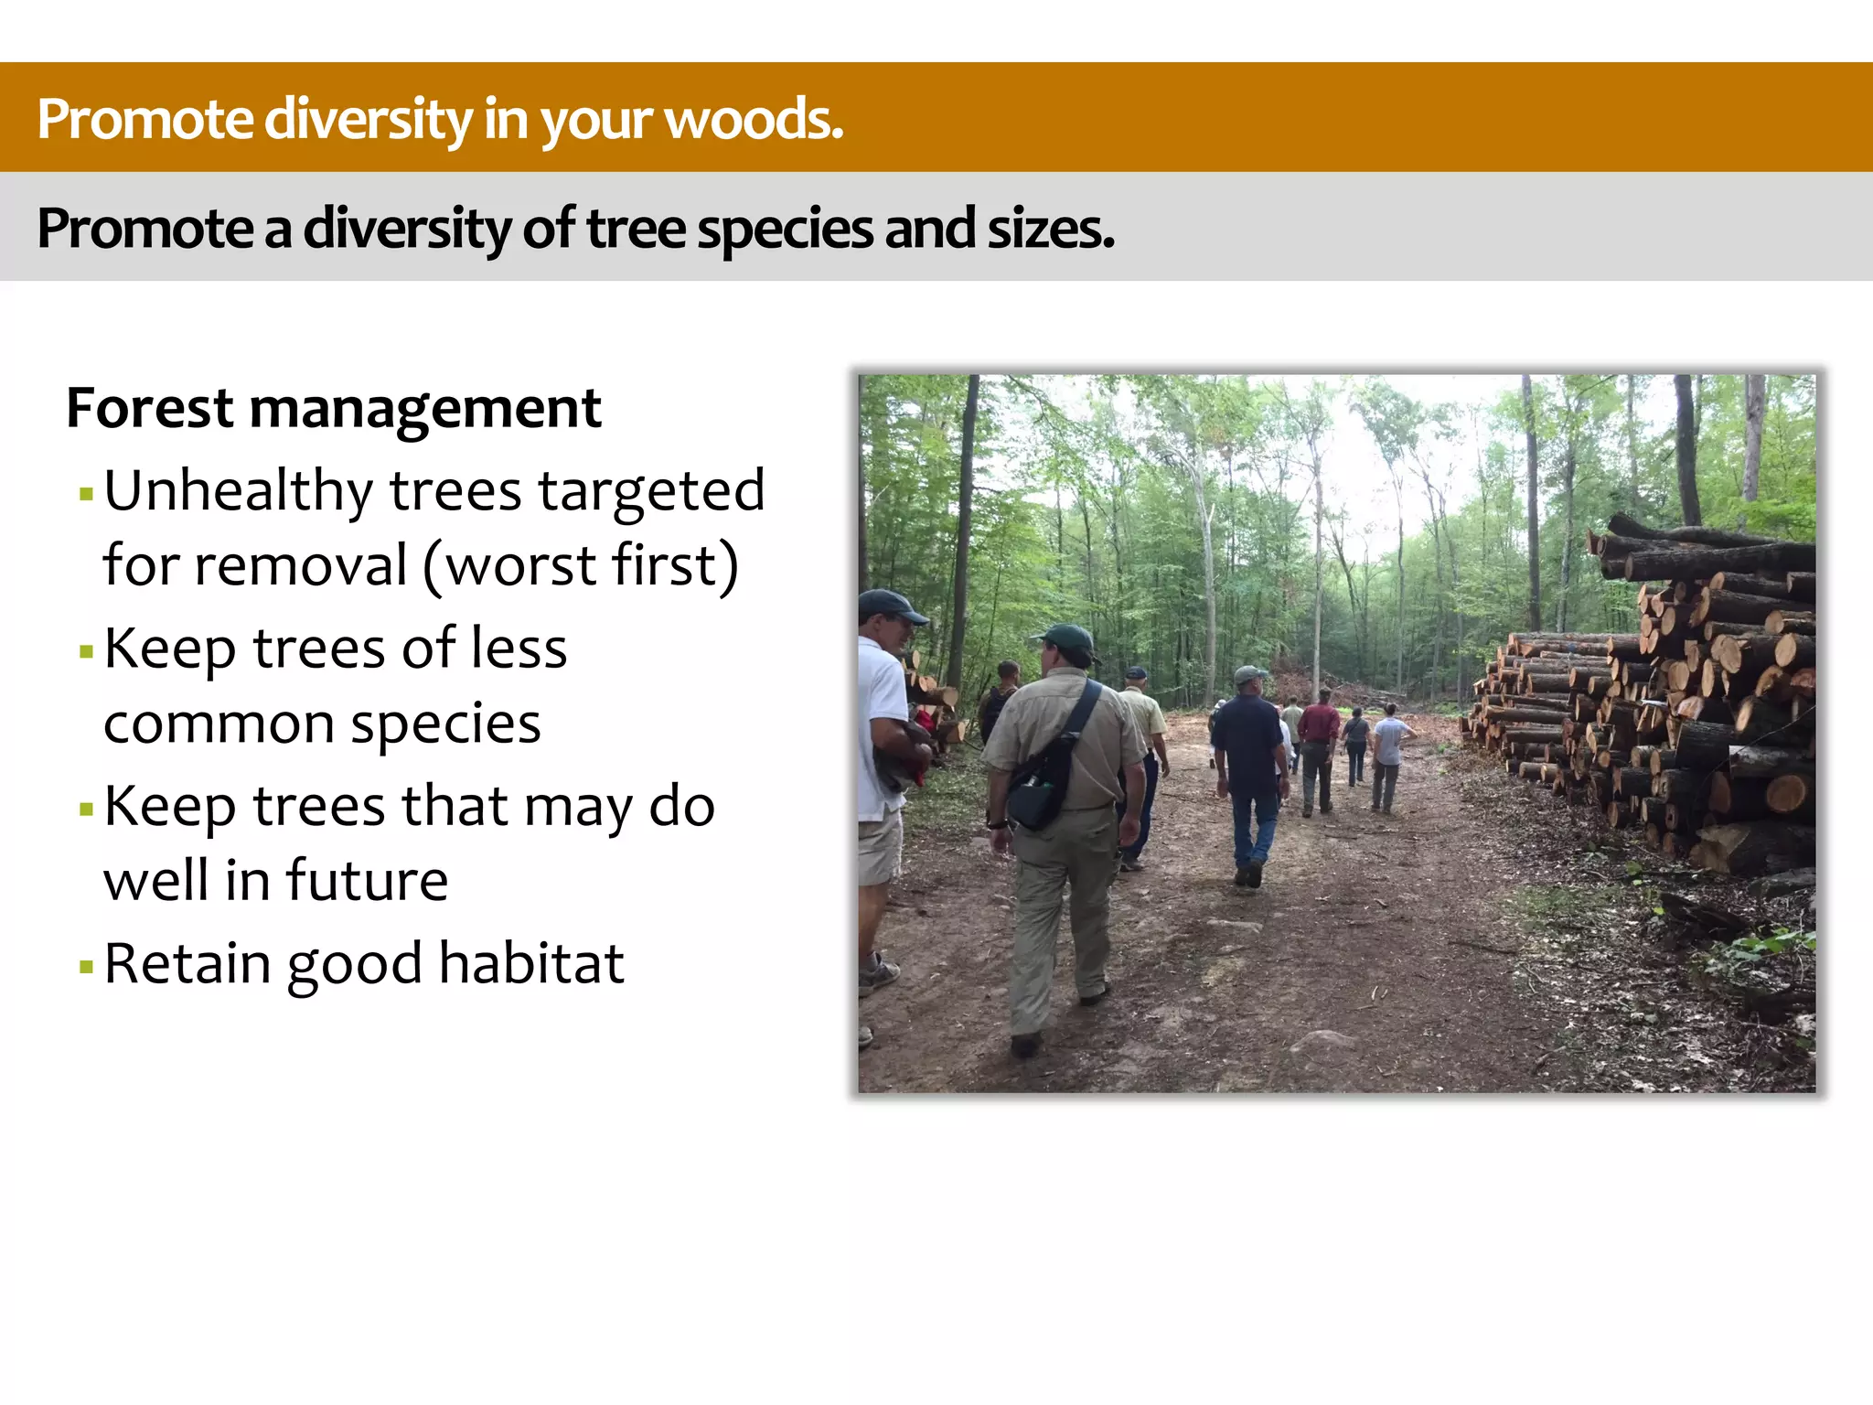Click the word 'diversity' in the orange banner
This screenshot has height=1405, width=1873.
tap(368, 120)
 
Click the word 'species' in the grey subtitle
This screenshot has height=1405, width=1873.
tap(785, 229)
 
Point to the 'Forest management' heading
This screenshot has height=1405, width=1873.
tap(334, 408)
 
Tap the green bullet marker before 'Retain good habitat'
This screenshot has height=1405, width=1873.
tap(87, 966)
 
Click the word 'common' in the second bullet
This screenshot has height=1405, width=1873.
tap(219, 724)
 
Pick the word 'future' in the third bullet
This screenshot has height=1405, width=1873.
tap(367, 881)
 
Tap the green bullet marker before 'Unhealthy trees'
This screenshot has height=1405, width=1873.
tap(87, 495)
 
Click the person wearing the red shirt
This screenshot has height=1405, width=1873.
tap(1318, 741)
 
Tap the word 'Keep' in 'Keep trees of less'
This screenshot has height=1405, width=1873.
tap(170, 649)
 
